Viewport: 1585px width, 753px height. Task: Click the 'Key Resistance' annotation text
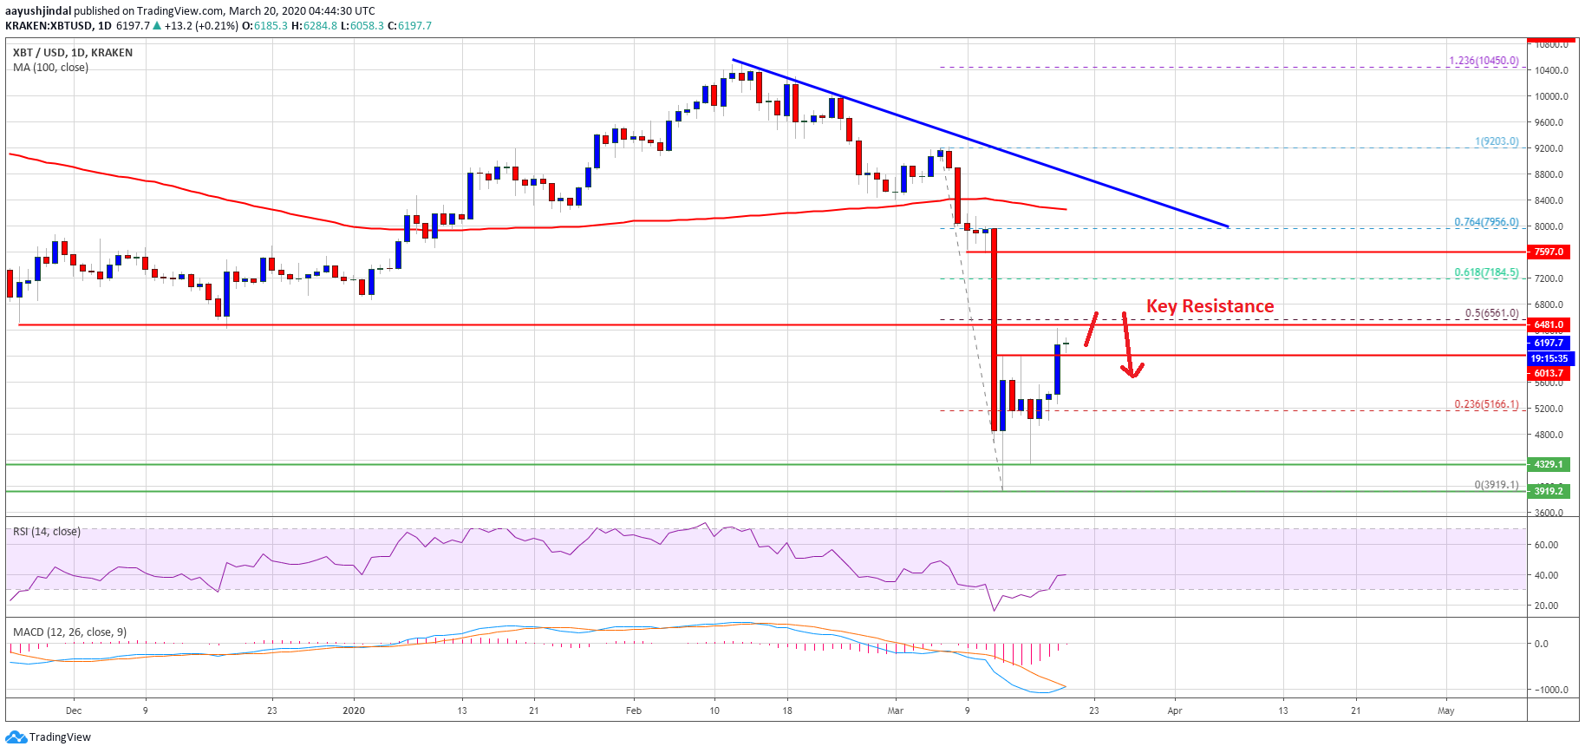pyautogui.click(x=1210, y=306)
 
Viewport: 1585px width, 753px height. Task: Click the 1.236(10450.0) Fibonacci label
pyautogui.click(x=1484, y=61)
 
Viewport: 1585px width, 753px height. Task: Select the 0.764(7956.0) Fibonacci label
pyautogui.click(x=1486, y=222)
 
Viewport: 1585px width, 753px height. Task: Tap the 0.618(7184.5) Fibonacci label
pyautogui.click(x=1486, y=272)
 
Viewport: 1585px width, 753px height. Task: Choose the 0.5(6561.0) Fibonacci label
pyautogui.click(x=1491, y=313)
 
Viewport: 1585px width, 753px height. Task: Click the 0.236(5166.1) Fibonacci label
pyautogui.click(x=1486, y=404)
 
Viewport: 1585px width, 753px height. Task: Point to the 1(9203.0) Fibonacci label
pyautogui.click(x=1497, y=141)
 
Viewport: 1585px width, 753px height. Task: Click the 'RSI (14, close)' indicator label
pyautogui.click(x=47, y=532)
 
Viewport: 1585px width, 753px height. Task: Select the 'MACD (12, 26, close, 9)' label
pyautogui.click(x=69, y=632)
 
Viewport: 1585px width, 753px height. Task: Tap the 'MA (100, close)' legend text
pyautogui.click(x=50, y=68)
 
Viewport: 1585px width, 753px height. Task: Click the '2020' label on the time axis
pyautogui.click(x=354, y=710)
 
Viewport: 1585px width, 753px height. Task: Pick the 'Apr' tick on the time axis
pyautogui.click(x=1175, y=710)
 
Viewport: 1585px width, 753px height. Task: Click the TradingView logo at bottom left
pyautogui.click(x=49, y=737)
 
